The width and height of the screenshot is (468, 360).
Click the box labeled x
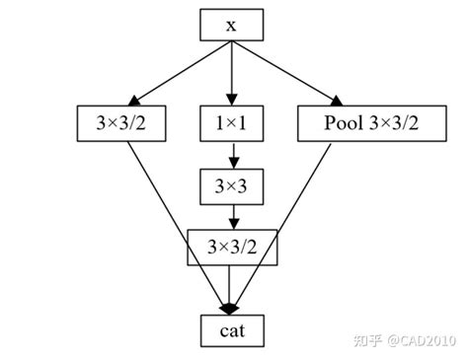coord(231,26)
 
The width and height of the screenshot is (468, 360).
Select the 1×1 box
coord(231,123)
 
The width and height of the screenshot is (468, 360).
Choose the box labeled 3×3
coord(231,185)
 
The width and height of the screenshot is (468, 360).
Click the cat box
coord(231,330)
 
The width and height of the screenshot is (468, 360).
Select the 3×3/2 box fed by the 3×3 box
coord(231,247)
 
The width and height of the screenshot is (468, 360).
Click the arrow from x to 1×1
coord(231,71)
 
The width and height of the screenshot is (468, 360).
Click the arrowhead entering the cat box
coord(231,308)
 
